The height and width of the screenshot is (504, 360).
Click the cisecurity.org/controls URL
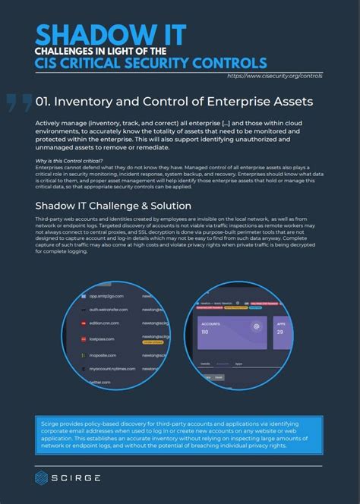[x=275, y=76]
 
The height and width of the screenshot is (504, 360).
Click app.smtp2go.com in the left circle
[x=106, y=298]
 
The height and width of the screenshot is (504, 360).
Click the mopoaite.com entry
[x=103, y=354]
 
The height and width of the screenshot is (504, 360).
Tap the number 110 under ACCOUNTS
[x=206, y=332]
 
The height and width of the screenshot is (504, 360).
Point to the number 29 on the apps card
[x=280, y=331]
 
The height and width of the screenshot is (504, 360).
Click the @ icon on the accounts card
[x=257, y=326]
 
